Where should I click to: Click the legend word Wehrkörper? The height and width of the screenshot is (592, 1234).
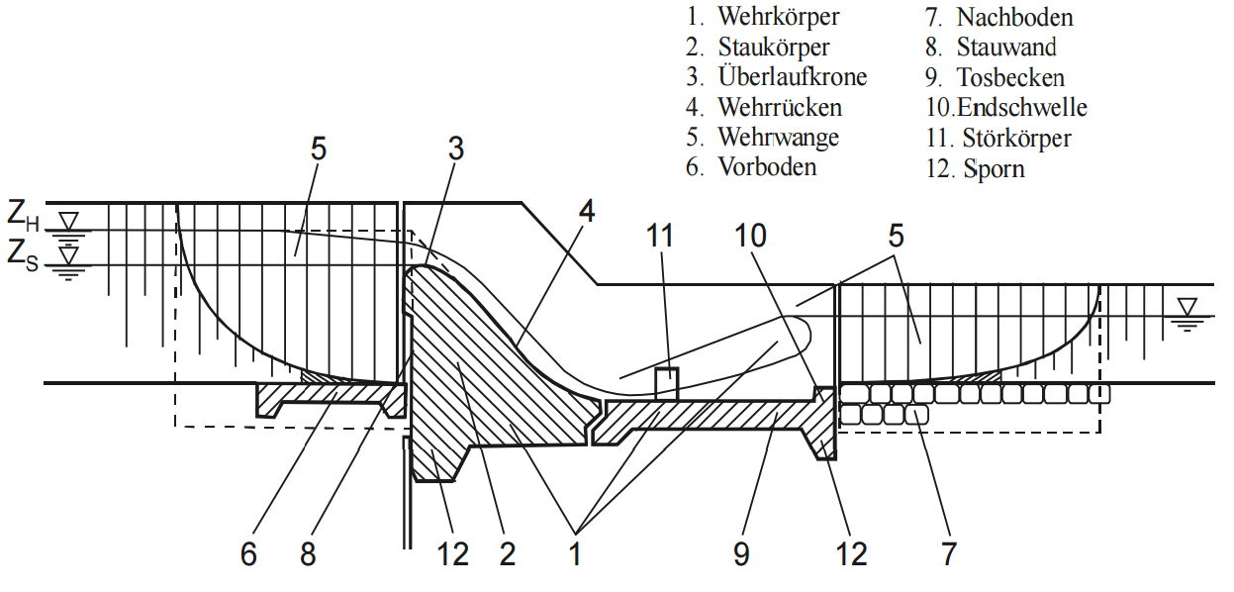tap(779, 17)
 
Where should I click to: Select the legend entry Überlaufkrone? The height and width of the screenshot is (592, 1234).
tap(793, 76)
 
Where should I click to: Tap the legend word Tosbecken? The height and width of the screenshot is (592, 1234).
tap(1011, 77)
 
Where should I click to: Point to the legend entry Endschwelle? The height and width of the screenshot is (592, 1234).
tap(1022, 107)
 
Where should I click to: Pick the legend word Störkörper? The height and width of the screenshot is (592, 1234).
tap(1017, 138)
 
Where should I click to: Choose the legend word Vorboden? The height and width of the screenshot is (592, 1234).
tap(767, 166)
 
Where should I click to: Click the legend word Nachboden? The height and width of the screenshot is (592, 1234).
tap(1014, 17)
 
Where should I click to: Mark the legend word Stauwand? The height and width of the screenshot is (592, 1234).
tap(1006, 47)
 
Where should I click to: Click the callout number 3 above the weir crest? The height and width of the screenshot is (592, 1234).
tap(455, 148)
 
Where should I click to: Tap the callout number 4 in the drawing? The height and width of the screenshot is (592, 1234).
tap(587, 211)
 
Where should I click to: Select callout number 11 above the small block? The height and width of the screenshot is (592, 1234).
tap(659, 236)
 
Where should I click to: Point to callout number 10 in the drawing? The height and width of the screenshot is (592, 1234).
tap(750, 236)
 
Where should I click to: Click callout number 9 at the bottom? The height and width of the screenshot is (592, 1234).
tap(741, 554)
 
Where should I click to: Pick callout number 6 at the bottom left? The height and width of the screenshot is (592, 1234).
tap(248, 554)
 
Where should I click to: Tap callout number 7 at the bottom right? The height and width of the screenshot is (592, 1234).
tap(948, 554)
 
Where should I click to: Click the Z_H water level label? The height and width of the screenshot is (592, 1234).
tap(23, 215)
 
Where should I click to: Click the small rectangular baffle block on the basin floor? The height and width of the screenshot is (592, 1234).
tap(667, 384)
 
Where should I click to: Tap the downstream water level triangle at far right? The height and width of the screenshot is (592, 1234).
tap(1187, 307)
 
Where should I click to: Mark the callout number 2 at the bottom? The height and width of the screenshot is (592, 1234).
tap(508, 554)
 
